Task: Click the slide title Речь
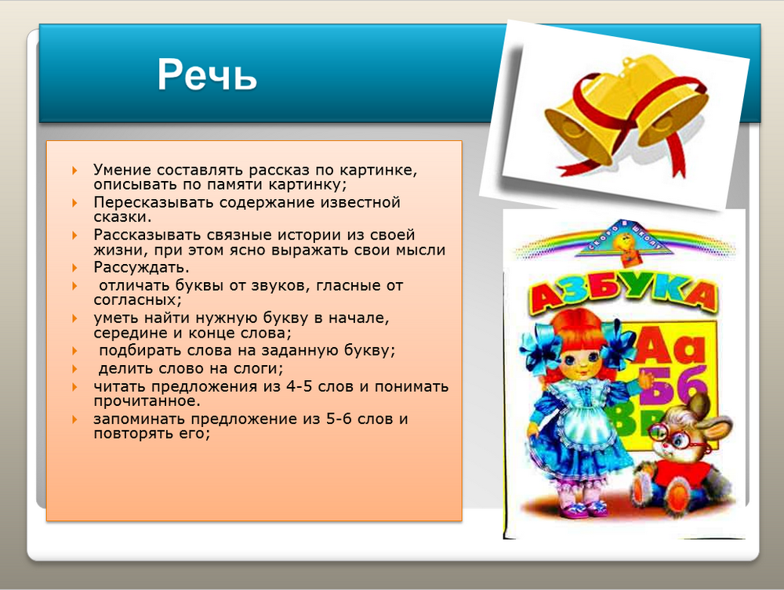207,75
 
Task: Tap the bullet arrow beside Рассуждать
75,268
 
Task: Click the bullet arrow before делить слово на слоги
75,369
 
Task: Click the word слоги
258,369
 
